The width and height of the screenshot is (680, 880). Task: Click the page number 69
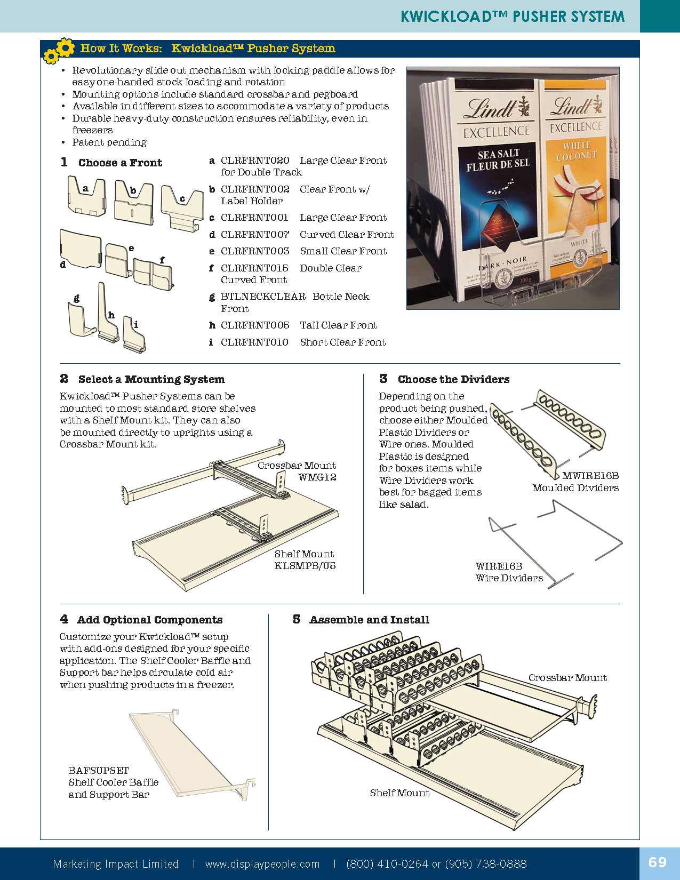[658, 862]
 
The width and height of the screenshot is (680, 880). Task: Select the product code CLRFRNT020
[255, 161]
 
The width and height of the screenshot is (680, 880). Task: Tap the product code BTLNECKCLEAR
[263, 297]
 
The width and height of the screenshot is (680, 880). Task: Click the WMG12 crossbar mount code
[317, 477]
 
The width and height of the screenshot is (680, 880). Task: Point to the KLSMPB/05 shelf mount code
[305, 566]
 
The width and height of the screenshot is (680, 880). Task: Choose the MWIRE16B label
[590, 476]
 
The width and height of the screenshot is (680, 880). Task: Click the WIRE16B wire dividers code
[499, 566]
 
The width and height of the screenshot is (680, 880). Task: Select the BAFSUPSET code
[99, 771]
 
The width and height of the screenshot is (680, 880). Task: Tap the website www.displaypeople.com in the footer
[262, 864]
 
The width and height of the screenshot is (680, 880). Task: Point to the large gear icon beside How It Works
[65, 47]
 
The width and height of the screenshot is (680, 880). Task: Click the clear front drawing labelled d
[81, 248]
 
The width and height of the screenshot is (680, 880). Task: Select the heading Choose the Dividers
[453, 379]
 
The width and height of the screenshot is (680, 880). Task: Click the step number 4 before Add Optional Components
[64, 619]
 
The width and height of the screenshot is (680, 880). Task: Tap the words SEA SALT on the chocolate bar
[498, 154]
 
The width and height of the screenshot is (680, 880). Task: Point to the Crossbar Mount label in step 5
[567, 678]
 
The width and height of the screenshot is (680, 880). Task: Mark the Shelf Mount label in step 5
[399, 793]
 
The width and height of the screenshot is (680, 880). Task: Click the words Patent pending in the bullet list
[109, 142]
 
